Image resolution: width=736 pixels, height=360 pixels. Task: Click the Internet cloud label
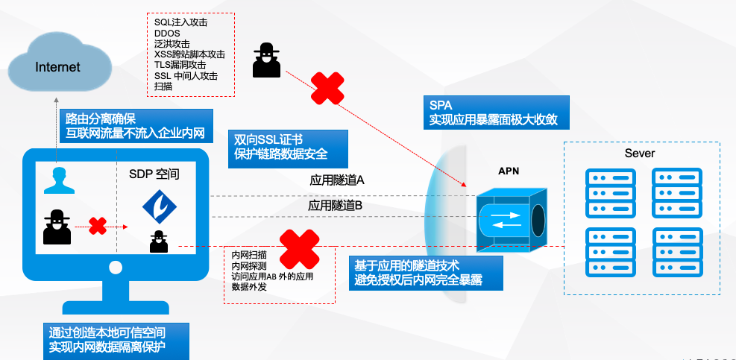pos(58,67)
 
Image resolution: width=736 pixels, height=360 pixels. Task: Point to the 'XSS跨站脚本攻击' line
pos(189,54)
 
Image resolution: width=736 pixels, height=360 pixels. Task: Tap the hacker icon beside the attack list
pos(266,60)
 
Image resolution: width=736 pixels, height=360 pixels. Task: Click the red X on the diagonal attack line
pos(327,88)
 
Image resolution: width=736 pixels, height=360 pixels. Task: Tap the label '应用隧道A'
pos(336,180)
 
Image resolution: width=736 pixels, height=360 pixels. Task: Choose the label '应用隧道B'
pos(336,205)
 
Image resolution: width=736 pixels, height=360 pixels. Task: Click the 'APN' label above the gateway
pos(509,171)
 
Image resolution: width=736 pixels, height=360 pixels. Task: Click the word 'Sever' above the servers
pos(640,154)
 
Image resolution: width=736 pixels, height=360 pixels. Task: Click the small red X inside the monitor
pos(97,226)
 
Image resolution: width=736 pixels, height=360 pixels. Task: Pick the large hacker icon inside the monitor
pos(57,227)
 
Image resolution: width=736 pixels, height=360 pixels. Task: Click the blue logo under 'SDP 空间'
pos(158,207)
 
